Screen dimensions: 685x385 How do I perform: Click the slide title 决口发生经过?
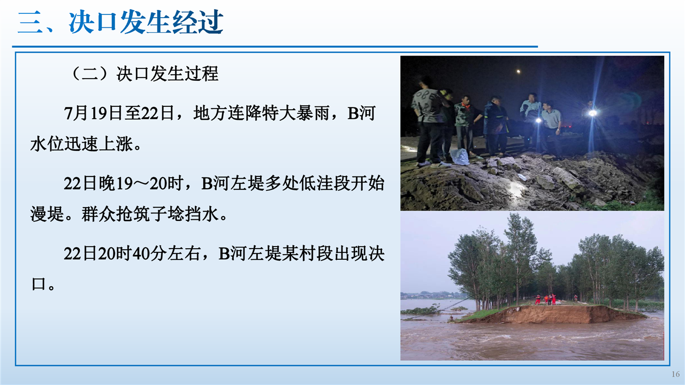146,22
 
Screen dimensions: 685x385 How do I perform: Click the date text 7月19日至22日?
119,113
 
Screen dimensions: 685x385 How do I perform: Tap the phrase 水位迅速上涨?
82,144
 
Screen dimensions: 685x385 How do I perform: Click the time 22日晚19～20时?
124,183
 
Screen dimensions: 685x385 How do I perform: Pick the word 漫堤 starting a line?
47,214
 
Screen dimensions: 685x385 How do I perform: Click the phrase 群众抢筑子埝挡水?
150,214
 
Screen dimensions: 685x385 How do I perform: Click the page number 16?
675,374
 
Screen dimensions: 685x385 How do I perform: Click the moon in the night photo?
519,72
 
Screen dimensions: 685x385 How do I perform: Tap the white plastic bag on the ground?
459,157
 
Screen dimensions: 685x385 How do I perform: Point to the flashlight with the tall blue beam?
592,113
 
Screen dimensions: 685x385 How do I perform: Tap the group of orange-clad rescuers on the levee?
546,299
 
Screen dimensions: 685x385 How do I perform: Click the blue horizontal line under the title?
275,47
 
